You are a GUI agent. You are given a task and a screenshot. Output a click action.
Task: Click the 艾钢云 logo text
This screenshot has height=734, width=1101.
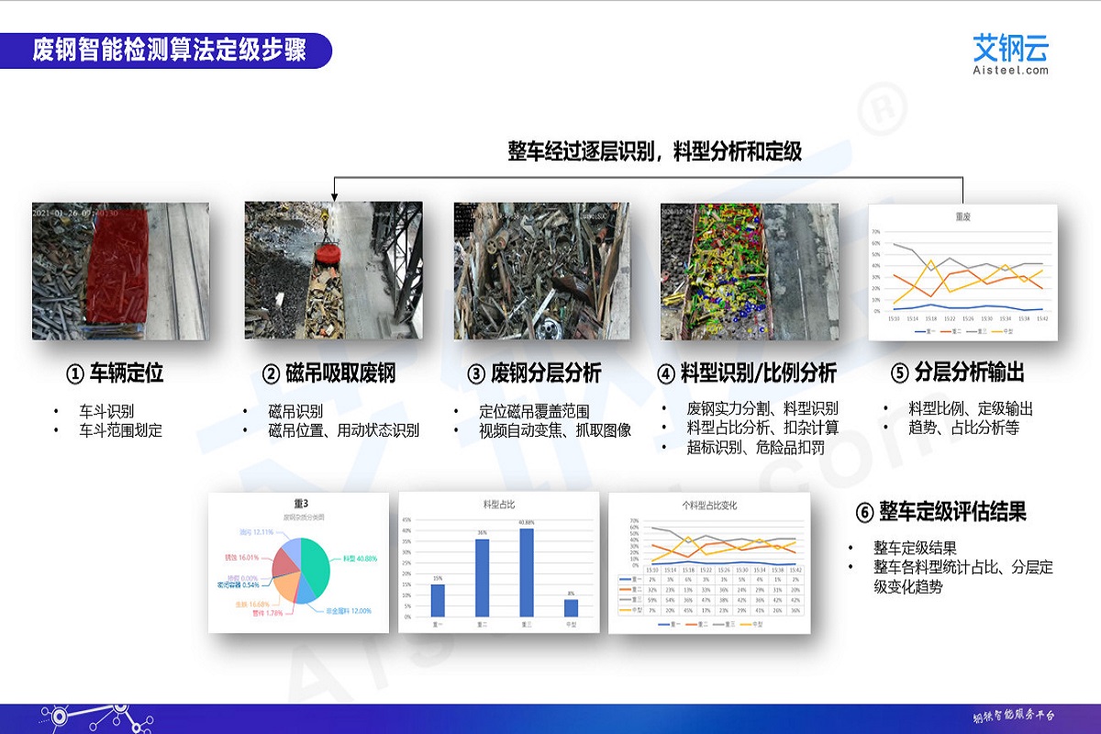[x=1010, y=47]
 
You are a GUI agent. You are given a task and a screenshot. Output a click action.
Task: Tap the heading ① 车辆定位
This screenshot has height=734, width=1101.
[x=115, y=373]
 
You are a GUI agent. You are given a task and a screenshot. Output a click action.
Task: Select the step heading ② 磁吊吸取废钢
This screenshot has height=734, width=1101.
[x=328, y=373]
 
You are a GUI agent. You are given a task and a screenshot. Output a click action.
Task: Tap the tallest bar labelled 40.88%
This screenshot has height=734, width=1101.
[x=527, y=573]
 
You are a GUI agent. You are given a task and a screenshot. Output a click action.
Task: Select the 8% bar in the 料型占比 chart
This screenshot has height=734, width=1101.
[x=571, y=607]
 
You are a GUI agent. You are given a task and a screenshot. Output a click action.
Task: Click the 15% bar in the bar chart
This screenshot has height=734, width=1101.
[x=437, y=600]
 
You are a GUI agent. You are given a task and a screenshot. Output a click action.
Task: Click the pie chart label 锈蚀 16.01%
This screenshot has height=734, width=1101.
[x=243, y=557]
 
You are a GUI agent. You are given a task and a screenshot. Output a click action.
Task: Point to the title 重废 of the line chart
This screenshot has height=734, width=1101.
[x=963, y=218]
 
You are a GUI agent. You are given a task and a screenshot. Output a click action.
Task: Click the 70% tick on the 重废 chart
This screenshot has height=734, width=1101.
[x=876, y=232]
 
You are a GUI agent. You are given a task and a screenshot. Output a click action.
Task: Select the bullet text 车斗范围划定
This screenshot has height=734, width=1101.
[x=121, y=430]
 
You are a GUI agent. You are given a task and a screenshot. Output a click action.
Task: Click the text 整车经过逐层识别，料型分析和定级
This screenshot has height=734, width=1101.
[x=655, y=151]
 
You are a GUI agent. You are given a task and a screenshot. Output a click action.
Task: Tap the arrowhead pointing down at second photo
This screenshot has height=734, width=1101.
[x=335, y=195]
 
